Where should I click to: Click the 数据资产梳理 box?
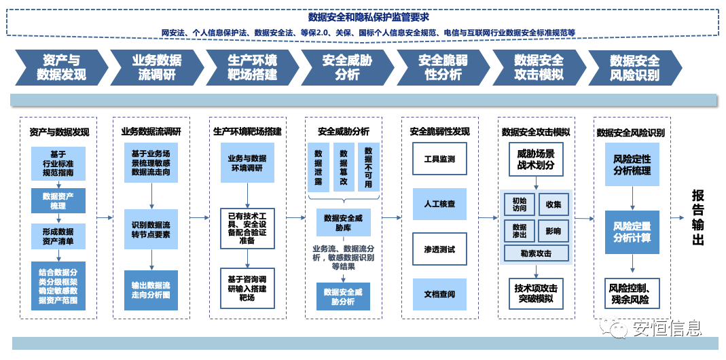[x=58, y=200]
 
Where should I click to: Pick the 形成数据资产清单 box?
[x=58, y=236]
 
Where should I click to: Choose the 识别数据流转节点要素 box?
[x=151, y=229]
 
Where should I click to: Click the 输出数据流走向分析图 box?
[x=151, y=290]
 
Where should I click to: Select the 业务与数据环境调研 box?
[x=247, y=163]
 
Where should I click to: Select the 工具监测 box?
[x=439, y=159]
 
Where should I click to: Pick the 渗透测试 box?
[x=439, y=249]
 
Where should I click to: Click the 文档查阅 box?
[x=439, y=294]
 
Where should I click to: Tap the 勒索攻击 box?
[x=536, y=253]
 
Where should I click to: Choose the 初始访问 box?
[x=519, y=204]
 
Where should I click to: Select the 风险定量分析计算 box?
[x=632, y=232]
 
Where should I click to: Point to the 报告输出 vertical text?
[x=698, y=217]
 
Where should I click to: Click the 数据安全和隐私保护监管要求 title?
[x=368, y=17]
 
